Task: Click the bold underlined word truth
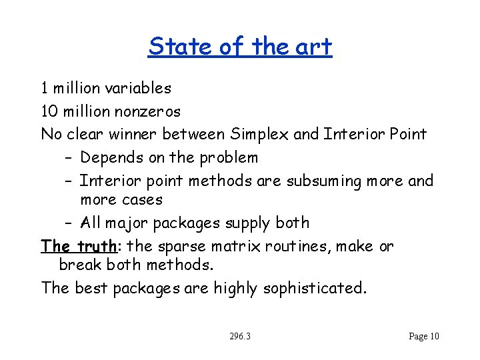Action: pos(97,246)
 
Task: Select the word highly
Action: pos(236,288)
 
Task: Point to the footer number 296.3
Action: pos(239,336)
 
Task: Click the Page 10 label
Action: pos(424,336)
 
